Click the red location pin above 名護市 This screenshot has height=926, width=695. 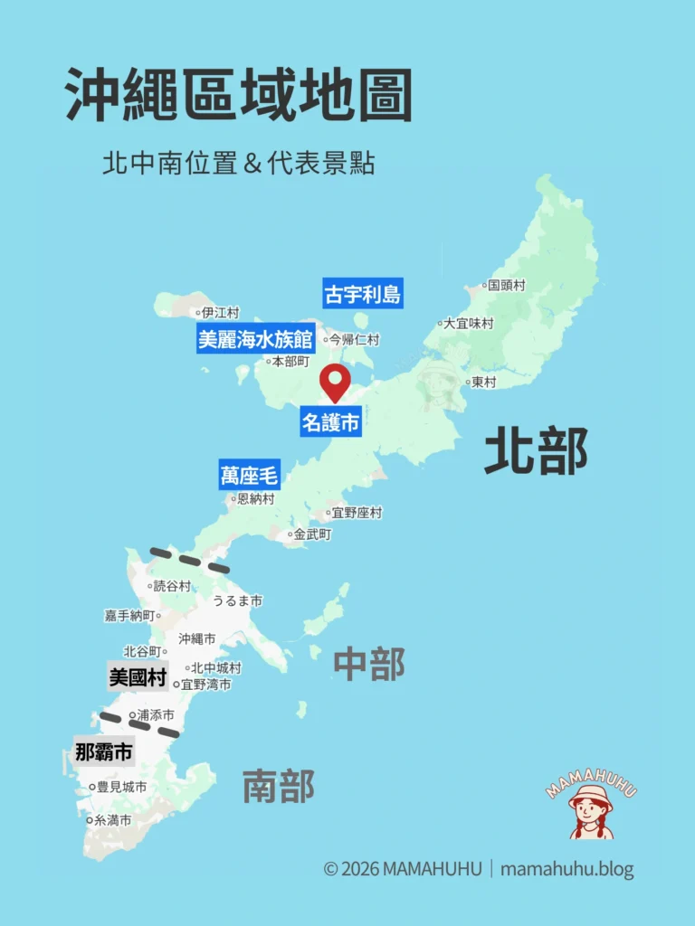[336, 381]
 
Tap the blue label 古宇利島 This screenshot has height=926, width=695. [362, 294]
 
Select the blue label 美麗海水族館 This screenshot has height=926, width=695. [255, 339]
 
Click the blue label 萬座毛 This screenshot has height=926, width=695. [249, 475]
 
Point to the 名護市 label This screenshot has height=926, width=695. [331, 422]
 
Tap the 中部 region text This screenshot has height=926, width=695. [369, 665]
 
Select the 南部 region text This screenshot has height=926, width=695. [279, 786]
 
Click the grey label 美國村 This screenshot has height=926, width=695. [138, 677]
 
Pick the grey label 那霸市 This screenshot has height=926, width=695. [103, 751]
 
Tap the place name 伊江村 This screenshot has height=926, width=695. [220, 313]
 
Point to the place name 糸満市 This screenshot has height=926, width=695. [113, 820]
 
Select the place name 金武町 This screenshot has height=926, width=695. [312, 534]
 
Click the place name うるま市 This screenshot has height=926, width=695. [237, 600]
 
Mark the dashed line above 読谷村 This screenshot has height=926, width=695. [189, 560]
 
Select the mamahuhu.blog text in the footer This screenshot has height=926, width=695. [567, 870]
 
